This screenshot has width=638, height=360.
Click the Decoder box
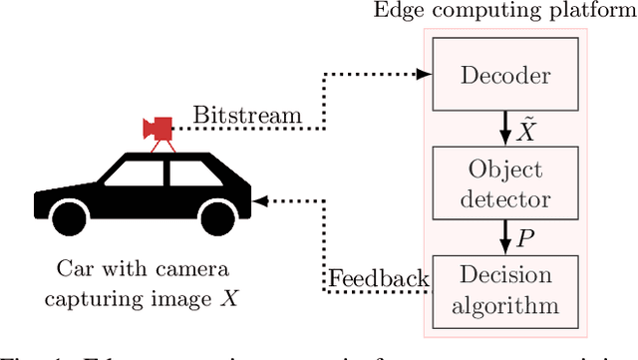pos(507,75)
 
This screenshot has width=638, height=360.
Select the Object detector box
pos(507,184)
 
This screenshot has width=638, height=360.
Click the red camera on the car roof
pos(158,128)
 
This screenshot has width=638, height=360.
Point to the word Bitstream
pos(247,116)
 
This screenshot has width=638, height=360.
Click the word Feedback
pos(379,278)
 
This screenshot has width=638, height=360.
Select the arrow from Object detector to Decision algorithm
pos(507,236)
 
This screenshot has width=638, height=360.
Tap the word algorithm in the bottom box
pos(507,304)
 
